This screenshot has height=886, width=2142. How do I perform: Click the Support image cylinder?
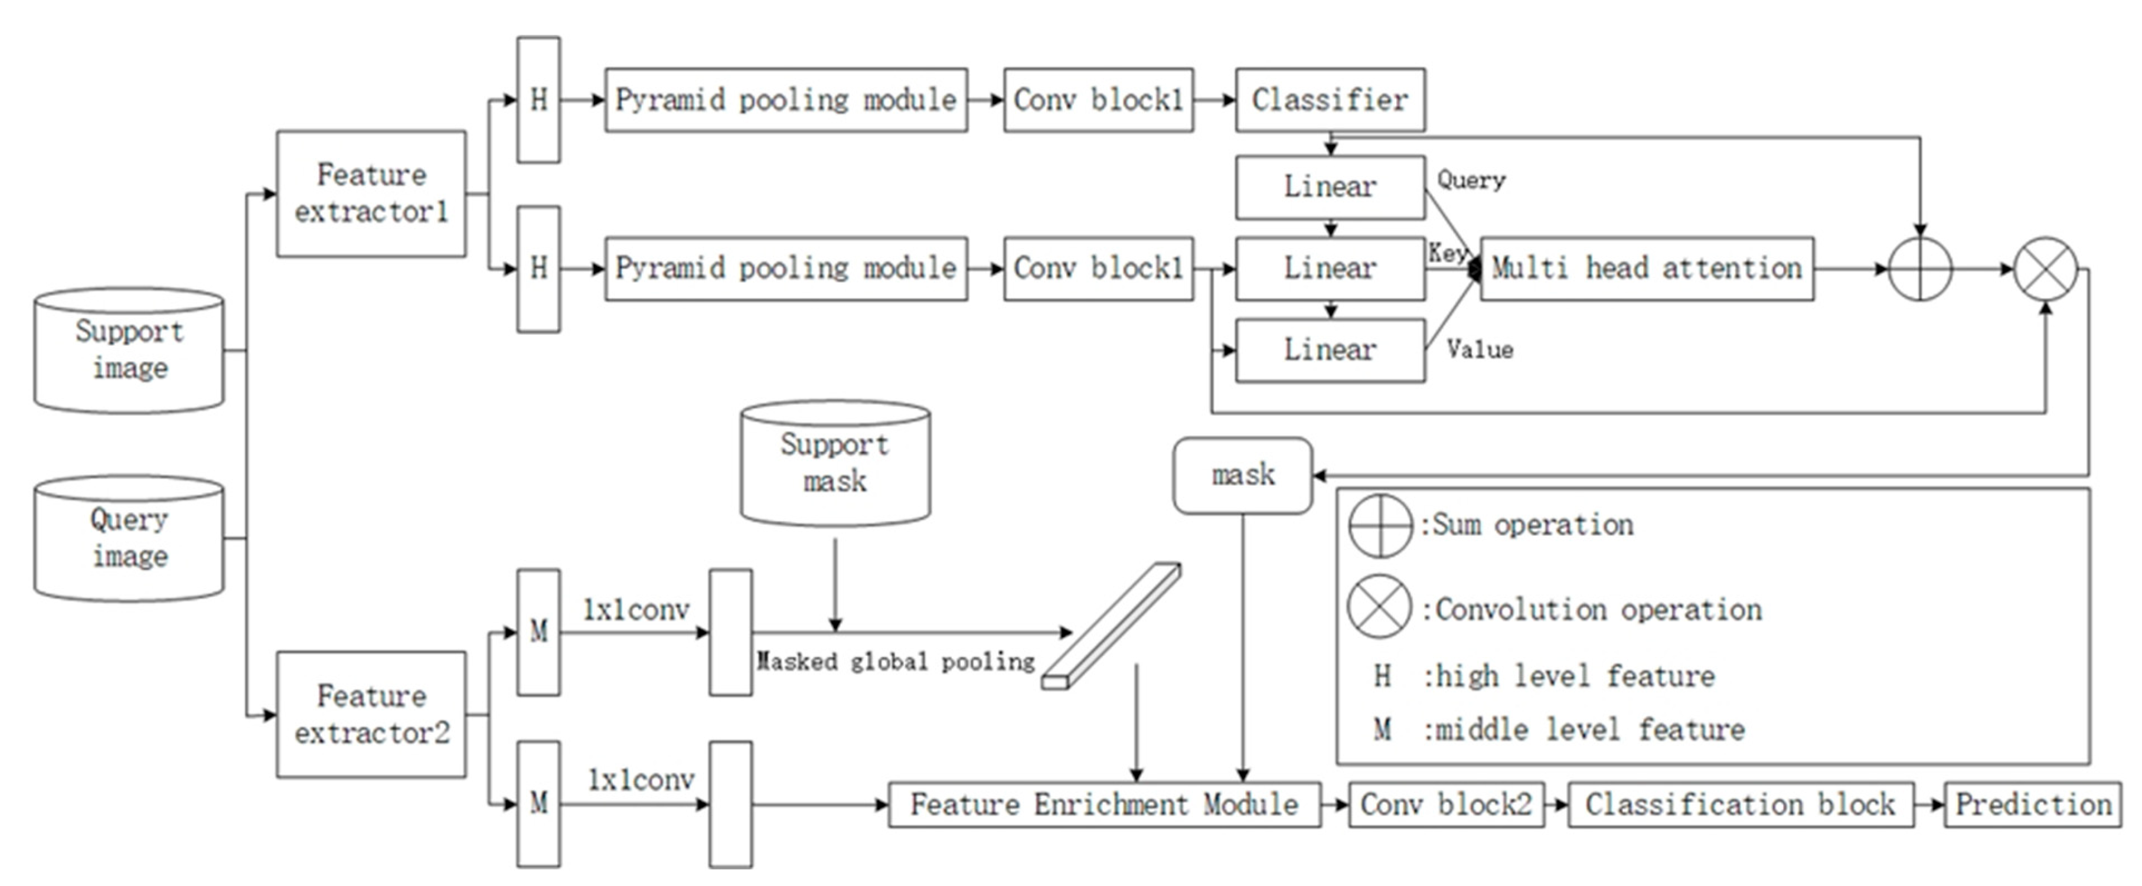tap(129, 350)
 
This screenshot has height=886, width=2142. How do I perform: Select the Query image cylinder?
tap(129, 538)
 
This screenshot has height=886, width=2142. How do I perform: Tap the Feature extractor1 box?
tap(371, 193)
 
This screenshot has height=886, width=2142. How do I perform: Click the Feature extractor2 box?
tap(371, 714)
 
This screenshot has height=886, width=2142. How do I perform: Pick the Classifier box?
tap(1330, 100)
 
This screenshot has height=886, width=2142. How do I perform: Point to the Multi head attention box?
tap(1647, 269)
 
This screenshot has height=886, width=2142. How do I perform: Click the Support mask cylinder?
tap(835, 463)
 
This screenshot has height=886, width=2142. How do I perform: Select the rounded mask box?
tap(1242, 475)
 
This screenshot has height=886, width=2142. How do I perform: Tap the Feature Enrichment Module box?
tap(1103, 804)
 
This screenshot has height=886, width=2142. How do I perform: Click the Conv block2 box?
tap(1445, 804)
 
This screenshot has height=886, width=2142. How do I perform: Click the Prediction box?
tap(2032, 804)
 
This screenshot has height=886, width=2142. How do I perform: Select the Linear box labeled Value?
tap(1330, 350)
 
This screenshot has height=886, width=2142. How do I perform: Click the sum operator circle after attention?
tap(1920, 269)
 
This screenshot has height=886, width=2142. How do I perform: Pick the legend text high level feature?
tap(1568, 676)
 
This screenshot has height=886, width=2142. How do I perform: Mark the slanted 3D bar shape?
tap(1112, 626)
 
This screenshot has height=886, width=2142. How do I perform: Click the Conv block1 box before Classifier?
tap(1098, 100)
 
